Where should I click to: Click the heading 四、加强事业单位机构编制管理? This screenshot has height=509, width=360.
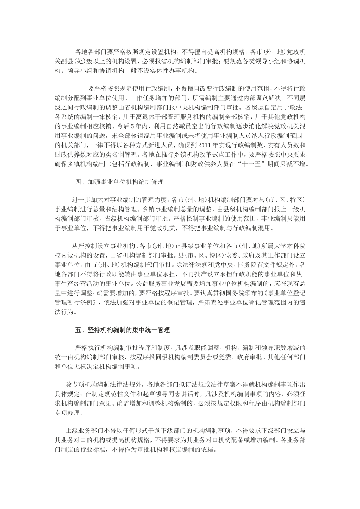[x=119, y=182]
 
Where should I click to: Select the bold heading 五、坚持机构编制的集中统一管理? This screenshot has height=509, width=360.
[x=122, y=330]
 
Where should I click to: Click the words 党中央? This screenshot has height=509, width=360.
[x=231, y=265]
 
